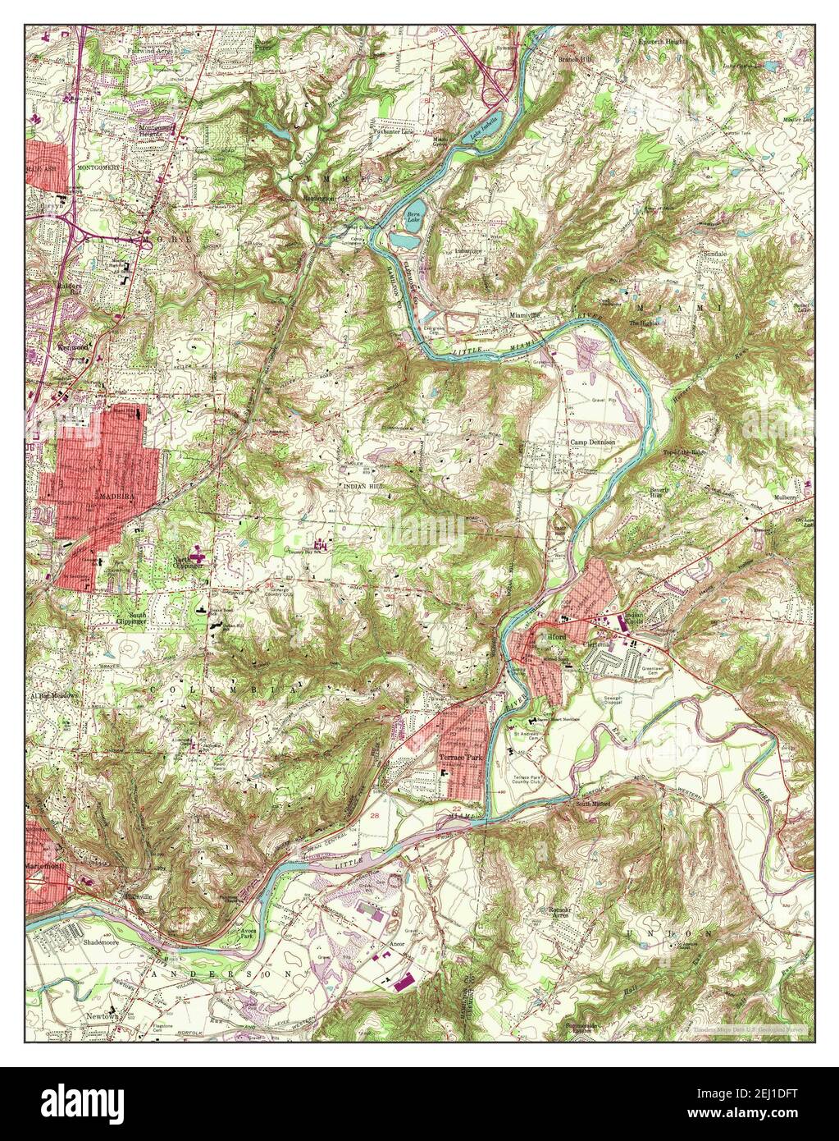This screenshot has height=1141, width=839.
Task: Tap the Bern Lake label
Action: [x=413, y=218]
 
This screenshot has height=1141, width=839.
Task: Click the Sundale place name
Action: [x=715, y=254]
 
